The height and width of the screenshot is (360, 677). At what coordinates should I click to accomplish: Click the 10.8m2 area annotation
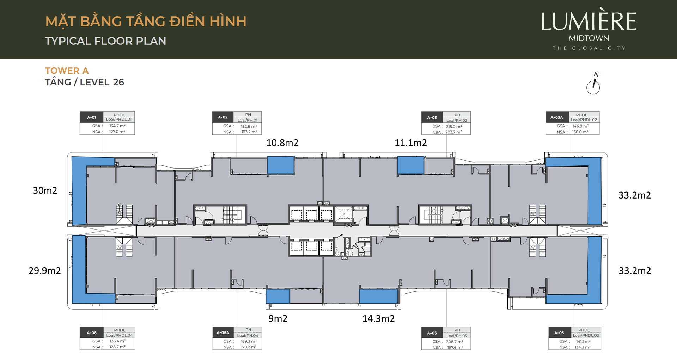coord(282,143)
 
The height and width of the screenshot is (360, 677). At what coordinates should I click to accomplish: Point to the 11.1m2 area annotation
coord(411,143)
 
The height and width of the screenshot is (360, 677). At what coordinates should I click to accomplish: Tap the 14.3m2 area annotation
coord(379,319)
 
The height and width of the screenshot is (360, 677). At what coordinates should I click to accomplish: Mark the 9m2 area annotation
coord(278,319)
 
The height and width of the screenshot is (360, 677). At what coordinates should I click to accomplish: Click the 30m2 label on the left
coord(45,190)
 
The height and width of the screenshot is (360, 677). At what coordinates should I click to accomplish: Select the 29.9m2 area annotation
coord(45,271)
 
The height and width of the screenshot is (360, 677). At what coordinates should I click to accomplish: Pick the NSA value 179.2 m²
coord(249,347)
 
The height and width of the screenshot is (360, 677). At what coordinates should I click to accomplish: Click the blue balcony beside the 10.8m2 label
coord(281,165)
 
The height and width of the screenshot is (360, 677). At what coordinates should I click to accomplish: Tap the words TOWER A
coord(67,71)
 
